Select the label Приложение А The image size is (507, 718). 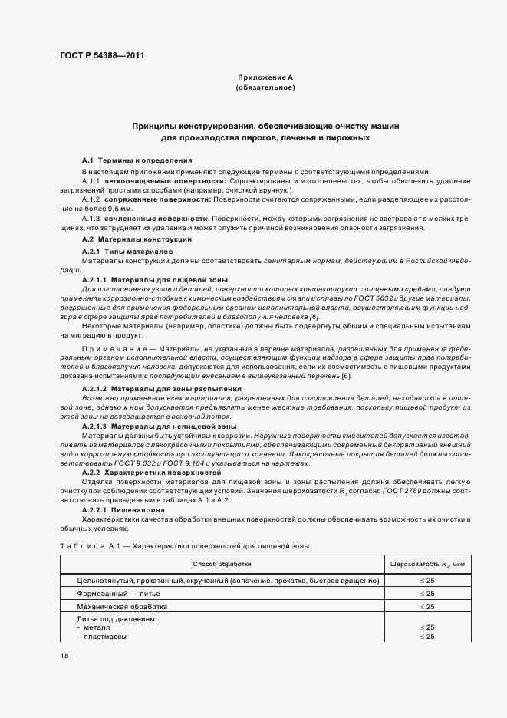coord(265,78)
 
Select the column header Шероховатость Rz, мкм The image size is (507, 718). coord(426,565)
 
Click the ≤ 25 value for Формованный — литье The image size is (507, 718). coord(426,594)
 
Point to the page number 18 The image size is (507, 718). coord(64,657)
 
